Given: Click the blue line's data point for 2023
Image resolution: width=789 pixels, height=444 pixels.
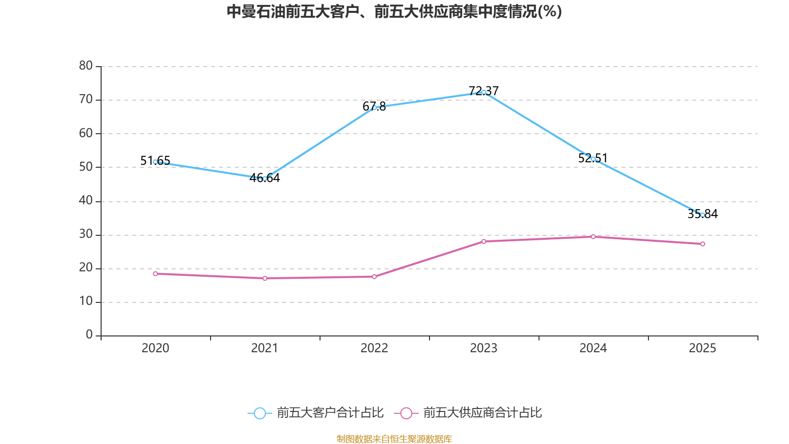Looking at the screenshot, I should pos(484,92).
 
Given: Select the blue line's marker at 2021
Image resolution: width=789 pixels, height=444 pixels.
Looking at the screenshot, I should pos(265,179).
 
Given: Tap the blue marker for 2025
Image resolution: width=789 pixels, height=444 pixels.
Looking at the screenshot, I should pos(703,215).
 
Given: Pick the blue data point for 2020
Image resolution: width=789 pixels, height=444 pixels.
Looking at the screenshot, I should pos(155,162).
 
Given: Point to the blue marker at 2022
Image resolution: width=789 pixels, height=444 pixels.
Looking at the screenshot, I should pos(374,108).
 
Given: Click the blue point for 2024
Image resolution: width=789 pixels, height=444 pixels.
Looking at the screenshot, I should pos(593,159).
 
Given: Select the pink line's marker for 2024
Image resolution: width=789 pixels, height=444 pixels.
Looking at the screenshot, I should pos(593,237).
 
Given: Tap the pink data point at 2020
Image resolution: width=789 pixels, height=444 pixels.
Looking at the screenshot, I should pos(155,274).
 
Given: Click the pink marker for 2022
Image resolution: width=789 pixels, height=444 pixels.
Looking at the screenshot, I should pos(374,277).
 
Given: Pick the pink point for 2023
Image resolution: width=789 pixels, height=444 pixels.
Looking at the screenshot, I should pos(484,241).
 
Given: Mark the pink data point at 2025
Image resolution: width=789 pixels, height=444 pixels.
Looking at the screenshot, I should pos(703,244).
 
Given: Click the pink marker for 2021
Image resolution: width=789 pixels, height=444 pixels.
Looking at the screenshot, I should pos(265,278).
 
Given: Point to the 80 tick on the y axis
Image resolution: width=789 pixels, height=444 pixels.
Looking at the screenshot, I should pos(86,66).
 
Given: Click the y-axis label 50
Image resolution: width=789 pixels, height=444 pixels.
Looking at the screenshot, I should pos(86,167).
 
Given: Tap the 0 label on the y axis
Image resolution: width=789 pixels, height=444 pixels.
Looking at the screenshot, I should pos(89,335).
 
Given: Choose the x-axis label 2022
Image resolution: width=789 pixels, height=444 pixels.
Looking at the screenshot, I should pos(374,348).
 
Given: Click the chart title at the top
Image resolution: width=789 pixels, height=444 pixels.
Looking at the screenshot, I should pos(394,11).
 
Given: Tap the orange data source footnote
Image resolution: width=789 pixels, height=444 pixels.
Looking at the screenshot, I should pos(394,439).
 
